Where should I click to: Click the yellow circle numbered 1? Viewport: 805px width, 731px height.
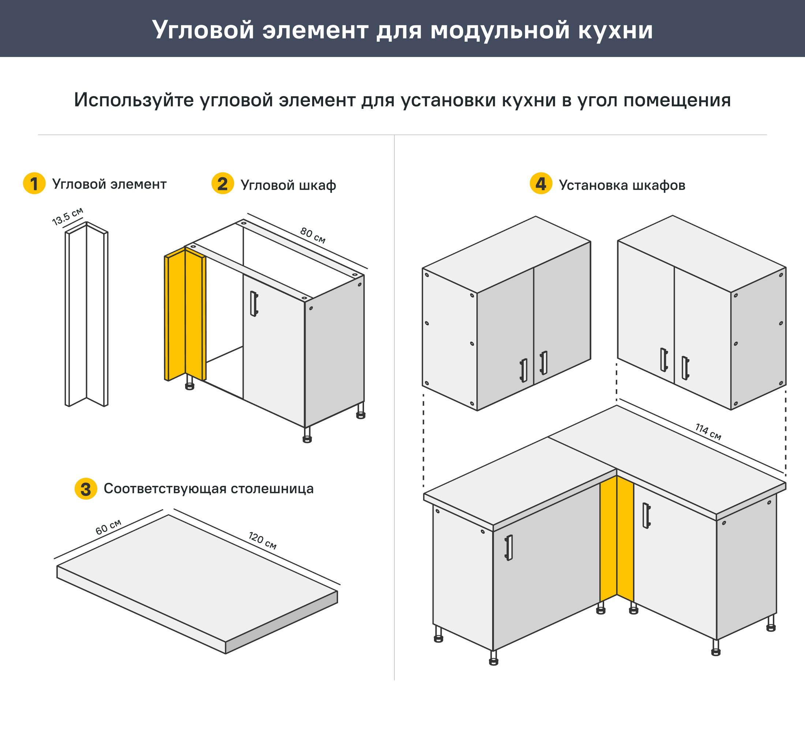tap(34, 183)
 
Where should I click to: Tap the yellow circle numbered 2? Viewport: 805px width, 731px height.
tap(222, 183)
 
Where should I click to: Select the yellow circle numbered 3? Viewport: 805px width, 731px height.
tap(86, 489)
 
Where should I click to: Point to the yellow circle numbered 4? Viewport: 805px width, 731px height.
tap(541, 183)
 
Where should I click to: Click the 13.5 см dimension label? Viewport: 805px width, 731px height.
tap(67, 216)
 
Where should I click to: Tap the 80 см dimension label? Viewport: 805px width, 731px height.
tap(312, 235)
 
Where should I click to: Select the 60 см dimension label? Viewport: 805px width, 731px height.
tap(108, 527)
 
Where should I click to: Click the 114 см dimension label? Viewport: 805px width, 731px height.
tap(708, 432)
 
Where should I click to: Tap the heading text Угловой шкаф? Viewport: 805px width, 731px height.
tap(288, 185)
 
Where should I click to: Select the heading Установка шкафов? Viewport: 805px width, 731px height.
tap(622, 185)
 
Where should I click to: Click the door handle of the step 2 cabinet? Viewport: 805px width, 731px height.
tap(254, 304)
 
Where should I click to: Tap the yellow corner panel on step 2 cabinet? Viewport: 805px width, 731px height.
tap(185, 315)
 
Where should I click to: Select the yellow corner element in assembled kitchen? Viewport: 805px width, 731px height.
tap(617, 538)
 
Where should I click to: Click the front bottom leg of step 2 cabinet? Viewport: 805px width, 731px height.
tap(307, 435)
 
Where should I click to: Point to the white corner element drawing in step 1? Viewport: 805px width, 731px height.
tap(87, 315)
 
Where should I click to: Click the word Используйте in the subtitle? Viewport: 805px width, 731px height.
tap(134, 100)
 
